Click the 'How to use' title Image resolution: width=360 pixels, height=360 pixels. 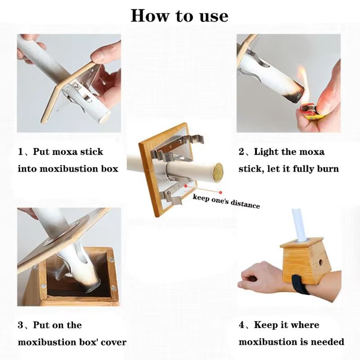[180, 16]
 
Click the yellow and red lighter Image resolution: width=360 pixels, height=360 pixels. [310, 111]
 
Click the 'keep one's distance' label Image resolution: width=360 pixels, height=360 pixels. [226, 201]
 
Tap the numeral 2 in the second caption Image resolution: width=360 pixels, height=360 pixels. [242, 152]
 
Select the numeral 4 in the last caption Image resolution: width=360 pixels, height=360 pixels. [242, 325]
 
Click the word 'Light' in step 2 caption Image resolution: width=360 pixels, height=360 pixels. [266, 152]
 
